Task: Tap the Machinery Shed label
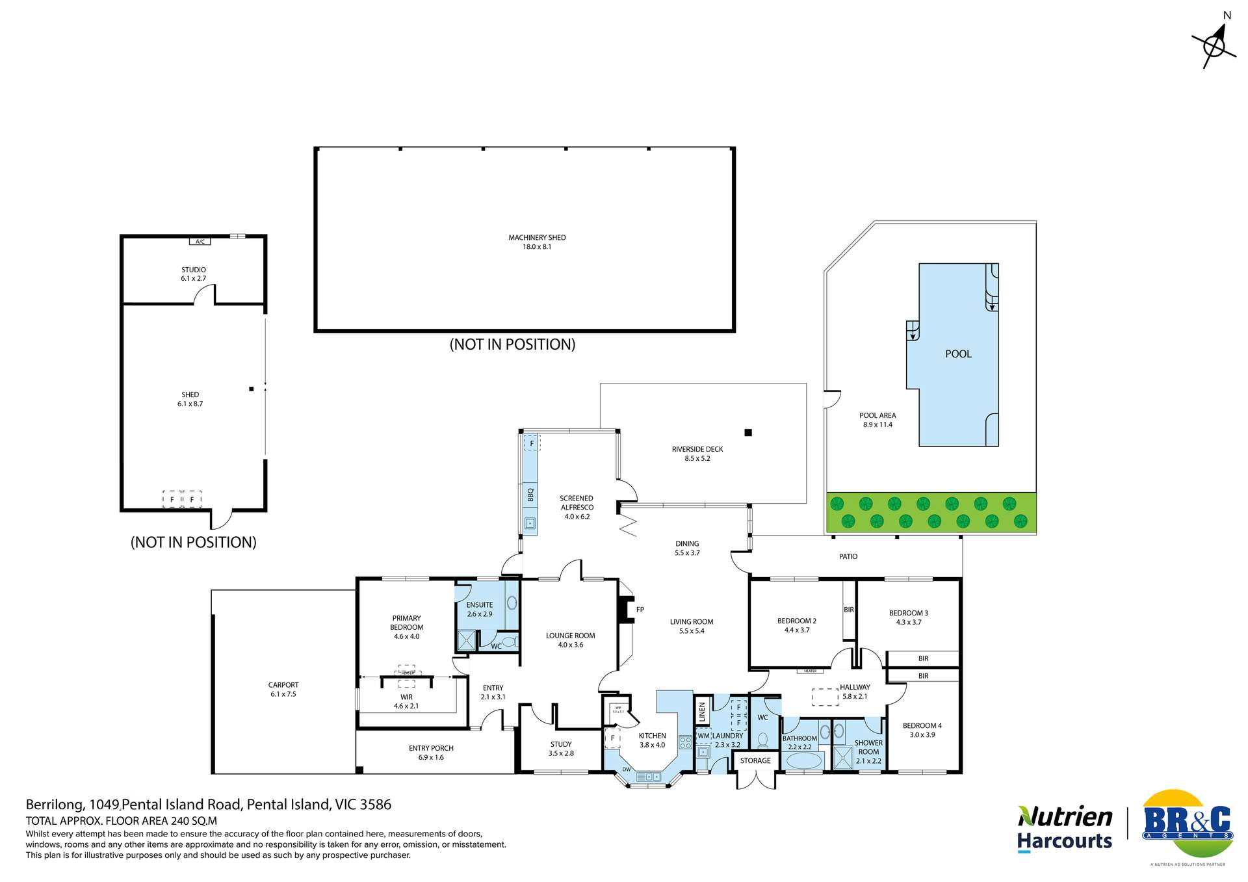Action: point(537,238)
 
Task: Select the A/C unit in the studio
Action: point(200,242)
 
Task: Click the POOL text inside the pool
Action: point(958,354)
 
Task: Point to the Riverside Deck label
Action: point(697,449)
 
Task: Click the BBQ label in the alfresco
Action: point(530,495)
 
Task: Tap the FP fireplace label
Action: point(640,610)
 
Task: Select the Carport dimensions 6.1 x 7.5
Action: point(283,694)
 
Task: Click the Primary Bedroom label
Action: point(406,623)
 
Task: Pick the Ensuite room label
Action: point(480,604)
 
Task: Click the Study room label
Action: point(561,744)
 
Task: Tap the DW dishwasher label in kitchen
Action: point(627,770)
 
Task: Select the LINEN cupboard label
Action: point(702,712)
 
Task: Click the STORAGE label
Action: point(755,760)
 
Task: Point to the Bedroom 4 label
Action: point(922,725)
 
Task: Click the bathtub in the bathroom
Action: point(799,760)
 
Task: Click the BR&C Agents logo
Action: point(1188,824)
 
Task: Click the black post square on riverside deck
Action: point(748,432)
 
